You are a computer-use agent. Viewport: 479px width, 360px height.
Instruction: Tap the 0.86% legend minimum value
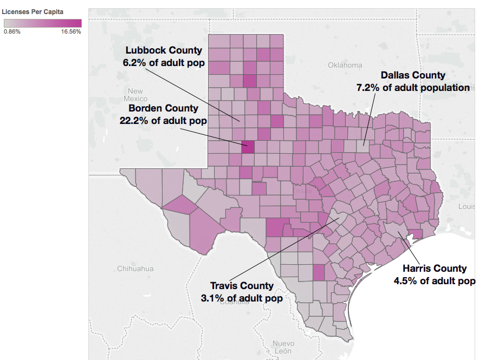(12, 31)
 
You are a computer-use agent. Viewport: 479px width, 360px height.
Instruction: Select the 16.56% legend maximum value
(71, 31)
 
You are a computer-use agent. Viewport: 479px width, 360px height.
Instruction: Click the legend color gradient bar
(42, 23)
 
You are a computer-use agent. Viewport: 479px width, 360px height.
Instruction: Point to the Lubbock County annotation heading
(163, 50)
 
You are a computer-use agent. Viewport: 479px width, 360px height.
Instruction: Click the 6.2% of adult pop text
(163, 62)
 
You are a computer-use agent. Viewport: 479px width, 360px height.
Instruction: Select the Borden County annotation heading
(163, 108)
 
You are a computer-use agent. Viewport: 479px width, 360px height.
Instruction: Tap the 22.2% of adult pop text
(163, 120)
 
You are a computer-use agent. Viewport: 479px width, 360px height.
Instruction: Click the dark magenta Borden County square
(248, 147)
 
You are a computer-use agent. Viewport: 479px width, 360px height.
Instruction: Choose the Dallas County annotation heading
(413, 75)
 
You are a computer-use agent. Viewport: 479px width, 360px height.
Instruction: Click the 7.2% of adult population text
(413, 87)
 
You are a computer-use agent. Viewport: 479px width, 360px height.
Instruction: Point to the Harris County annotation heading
(434, 268)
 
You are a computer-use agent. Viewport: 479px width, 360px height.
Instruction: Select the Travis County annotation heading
(242, 286)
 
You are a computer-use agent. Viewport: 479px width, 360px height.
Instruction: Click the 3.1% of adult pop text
(242, 298)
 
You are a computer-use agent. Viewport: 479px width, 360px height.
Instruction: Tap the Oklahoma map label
(345, 65)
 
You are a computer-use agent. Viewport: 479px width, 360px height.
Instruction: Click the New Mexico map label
(135, 95)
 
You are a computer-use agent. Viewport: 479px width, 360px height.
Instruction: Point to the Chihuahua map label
(135, 269)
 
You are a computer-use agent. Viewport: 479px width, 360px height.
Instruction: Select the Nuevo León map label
(283, 347)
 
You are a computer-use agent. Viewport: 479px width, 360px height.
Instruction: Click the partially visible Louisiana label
(467, 206)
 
